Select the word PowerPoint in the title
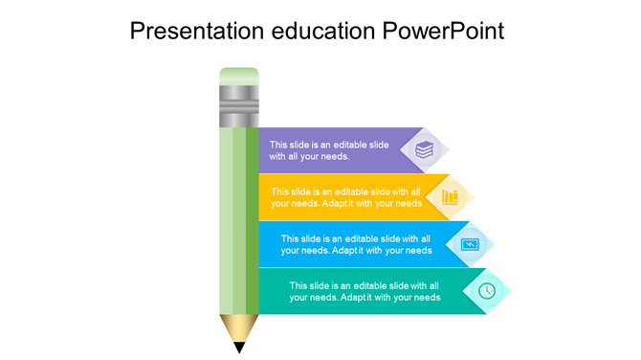[443, 31]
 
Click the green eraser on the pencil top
[239, 77]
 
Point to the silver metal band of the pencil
[239, 106]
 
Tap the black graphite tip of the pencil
[239, 347]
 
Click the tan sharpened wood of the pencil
[239, 327]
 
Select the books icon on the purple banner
[424, 149]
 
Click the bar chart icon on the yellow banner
[450, 196]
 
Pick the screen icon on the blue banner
[470, 244]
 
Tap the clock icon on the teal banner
[487, 290]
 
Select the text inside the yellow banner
[345, 197]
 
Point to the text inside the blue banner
[356, 244]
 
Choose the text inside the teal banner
[365, 291]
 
